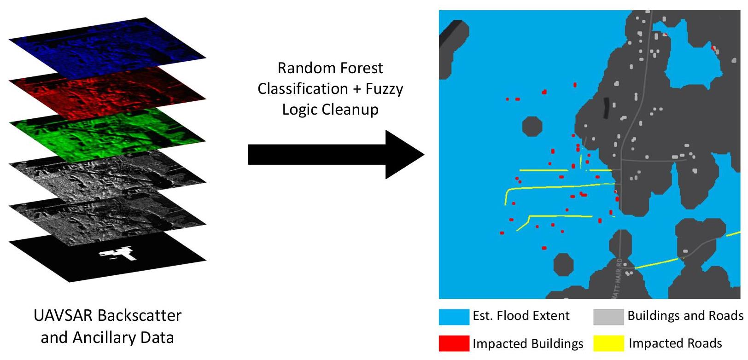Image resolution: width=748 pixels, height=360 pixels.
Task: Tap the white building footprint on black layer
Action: click(118, 254)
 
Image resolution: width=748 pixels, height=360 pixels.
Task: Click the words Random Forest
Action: click(330, 68)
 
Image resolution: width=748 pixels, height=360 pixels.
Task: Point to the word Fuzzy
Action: click(384, 88)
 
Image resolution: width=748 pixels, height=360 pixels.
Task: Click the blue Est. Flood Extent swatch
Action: click(454, 317)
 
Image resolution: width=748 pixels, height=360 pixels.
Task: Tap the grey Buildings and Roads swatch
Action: click(608, 317)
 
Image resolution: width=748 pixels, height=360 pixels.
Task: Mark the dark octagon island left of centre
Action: click(532, 126)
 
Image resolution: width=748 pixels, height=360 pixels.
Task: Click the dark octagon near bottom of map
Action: click(563, 264)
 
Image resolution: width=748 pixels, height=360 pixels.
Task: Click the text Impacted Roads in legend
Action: click(675, 343)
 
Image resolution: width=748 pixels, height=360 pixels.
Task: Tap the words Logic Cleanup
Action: click(330, 110)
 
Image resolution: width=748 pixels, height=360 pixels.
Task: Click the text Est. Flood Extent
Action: click(521, 316)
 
